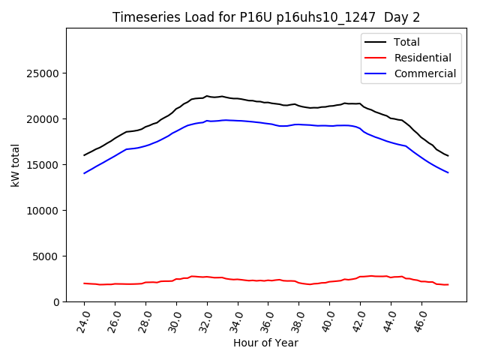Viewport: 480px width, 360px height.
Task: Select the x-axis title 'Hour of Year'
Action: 265,343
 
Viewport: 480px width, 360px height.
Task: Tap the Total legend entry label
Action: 406,42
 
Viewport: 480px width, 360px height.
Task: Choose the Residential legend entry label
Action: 422,58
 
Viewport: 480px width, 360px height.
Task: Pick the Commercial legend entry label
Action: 424,73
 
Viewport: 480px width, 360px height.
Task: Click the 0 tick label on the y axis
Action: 57,301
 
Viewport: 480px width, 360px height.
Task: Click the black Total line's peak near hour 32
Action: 206,96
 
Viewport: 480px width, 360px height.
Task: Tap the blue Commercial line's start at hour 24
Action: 85,173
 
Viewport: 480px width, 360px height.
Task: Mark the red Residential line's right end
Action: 448,284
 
